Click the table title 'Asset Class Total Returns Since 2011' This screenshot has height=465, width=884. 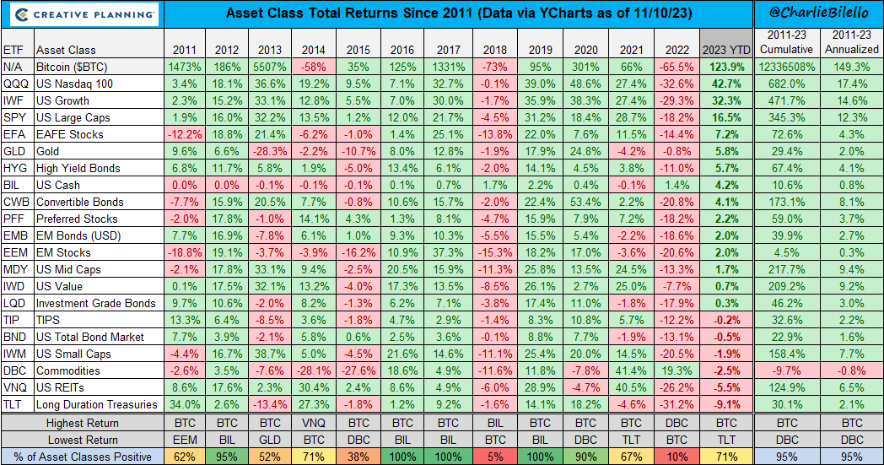[x=456, y=14]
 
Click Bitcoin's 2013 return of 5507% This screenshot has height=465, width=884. [x=269, y=67]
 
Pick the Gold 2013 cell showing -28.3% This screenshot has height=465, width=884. [x=269, y=151]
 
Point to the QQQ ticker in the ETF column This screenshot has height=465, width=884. [x=14, y=84]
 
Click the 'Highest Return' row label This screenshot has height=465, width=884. [x=83, y=423]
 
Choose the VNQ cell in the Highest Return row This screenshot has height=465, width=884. [x=312, y=423]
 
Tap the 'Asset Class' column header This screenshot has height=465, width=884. [x=69, y=50]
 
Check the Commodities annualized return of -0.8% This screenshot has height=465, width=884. [x=852, y=370]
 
